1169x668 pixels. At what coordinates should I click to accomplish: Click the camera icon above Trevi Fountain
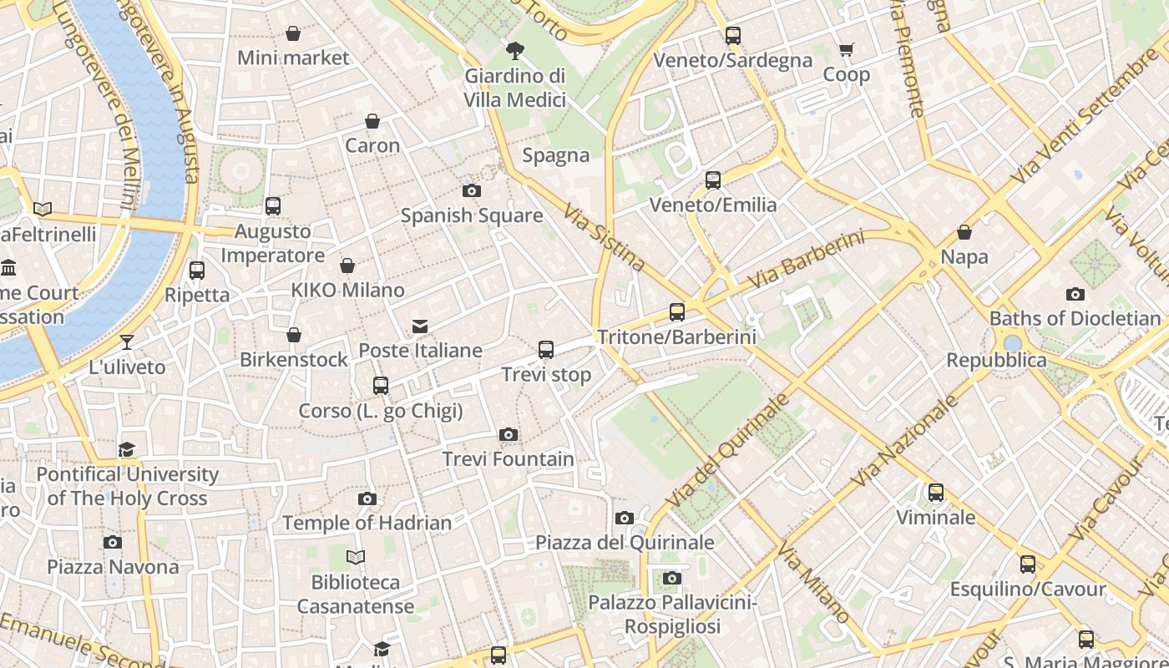[x=508, y=434]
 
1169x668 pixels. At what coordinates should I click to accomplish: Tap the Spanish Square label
[x=472, y=215]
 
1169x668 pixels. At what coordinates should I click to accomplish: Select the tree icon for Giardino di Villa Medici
[x=515, y=51]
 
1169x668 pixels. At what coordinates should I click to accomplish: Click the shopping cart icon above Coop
[x=846, y=50]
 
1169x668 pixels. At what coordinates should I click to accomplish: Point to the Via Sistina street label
[x=604, y=238]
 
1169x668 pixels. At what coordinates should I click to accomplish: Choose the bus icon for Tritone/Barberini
[x=677, y=312]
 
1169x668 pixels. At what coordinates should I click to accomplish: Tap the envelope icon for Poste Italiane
[x=420, y=326]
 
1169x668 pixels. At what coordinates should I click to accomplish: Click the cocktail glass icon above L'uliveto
[x=127, y=342]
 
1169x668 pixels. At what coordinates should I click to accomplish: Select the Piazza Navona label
[x=113, y=567]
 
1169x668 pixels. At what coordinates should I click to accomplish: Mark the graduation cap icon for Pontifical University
[x=126, y=449]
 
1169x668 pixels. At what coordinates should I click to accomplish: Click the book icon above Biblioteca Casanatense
[x=356, y=557]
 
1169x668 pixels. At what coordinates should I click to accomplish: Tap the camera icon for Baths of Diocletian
[x=1075, y=294]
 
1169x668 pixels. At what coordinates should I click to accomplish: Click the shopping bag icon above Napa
[x=964, y=231]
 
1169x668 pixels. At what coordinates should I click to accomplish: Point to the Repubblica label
[x=996, y=360]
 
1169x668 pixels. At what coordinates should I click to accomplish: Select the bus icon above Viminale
[x=936, y=493]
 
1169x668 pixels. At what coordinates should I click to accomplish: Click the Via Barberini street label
[x=806, y=260]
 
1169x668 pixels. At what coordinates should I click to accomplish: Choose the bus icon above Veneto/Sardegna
[x=733, y=36]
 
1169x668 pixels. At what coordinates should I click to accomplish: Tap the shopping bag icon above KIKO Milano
[x=347, y=266]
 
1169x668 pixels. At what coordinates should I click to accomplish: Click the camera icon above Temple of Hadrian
[x=367, y=498]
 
